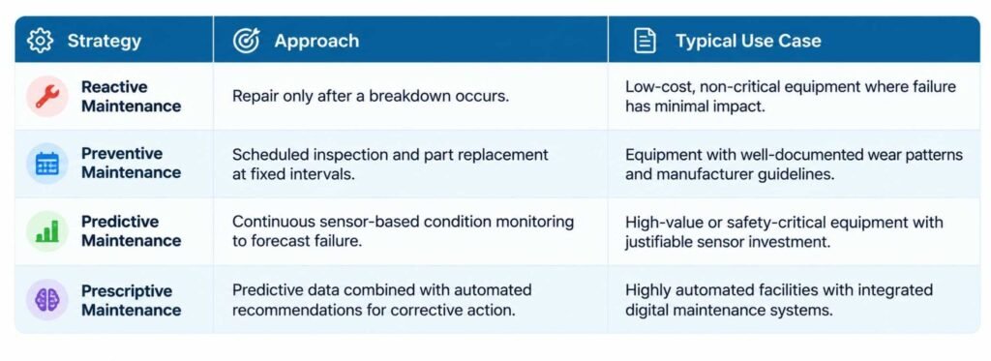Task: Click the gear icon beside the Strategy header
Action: click(40, 41)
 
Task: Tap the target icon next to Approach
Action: click(246, 41)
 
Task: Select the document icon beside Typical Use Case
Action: click(645, 41)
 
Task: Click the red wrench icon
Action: click(47, 96)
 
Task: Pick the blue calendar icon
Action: click(47, 164)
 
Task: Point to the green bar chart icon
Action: click(47, 231)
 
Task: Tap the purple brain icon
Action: click(47, 300)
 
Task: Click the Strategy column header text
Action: click(105, 41)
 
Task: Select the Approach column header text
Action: click(316, 41)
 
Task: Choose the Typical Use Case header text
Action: click(748, 41)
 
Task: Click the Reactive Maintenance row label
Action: click(132, 96)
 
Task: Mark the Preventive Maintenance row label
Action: click(132, 164)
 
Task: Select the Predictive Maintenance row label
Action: click(132, 231)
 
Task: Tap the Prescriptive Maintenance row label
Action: click(132, 300)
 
